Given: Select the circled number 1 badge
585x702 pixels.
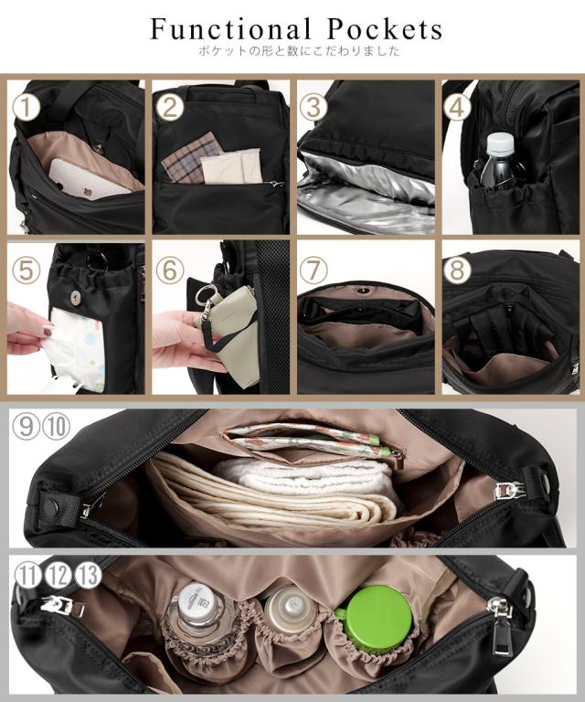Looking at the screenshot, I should point(27,107).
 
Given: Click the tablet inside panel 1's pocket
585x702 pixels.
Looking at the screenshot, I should point(87,178).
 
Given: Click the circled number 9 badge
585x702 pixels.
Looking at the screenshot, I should point(27,425).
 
